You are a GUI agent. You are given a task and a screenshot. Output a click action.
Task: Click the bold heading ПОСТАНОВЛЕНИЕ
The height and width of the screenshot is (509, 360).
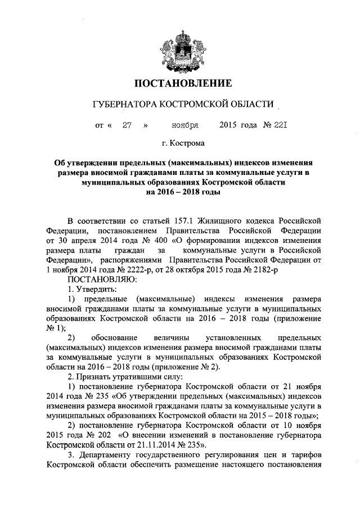tap(182, 84)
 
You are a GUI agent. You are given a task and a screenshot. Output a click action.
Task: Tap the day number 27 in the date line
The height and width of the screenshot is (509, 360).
tap(127, 125)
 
